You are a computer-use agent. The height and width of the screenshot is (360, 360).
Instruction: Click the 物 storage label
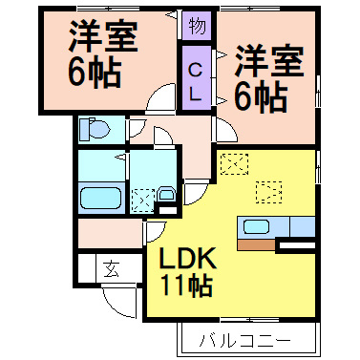(195, 25)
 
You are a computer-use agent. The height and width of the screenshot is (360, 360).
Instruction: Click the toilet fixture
(94, 129)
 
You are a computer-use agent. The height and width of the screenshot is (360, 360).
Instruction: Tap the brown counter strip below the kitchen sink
(256, 244)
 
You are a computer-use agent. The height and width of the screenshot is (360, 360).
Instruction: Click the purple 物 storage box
(195, 25)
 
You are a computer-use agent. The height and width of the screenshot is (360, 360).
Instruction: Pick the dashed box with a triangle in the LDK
(269, 191)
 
